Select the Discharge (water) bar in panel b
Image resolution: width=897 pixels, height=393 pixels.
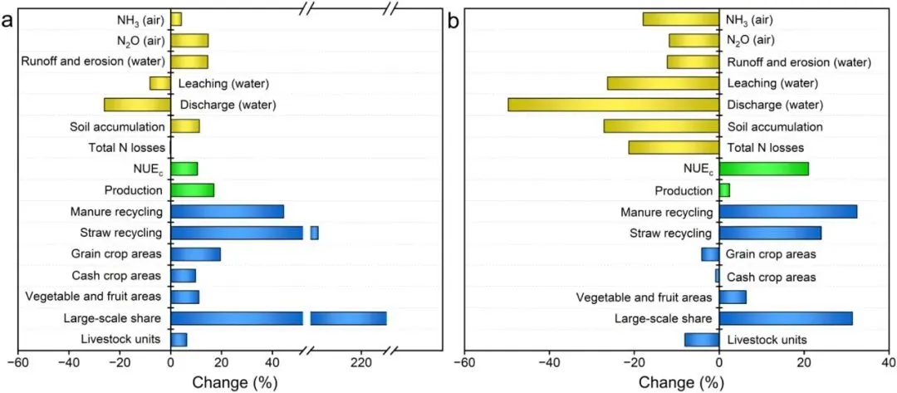tap(613, 105)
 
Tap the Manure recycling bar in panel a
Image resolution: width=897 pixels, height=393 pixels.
tap(227, 212)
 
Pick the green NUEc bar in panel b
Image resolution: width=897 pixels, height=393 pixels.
tap(763, 169)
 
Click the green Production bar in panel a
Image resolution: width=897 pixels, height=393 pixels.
tap(192, 190)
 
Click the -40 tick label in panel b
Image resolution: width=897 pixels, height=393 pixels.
tap(549, 363)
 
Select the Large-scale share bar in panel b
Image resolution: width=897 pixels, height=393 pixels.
tap(786, 318)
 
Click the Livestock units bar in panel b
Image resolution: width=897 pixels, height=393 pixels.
tap(702, 339)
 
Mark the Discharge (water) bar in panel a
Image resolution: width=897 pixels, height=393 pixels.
tap(137, 105)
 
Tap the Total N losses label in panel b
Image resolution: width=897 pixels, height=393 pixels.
tap(765, 148)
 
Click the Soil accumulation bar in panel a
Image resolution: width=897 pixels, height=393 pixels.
tap(185, 126)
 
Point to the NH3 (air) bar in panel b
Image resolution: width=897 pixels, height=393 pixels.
tap(680, 19)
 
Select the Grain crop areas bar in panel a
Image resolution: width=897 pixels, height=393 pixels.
tap(195, 254)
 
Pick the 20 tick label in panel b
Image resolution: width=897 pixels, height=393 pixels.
tap(804, 363)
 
